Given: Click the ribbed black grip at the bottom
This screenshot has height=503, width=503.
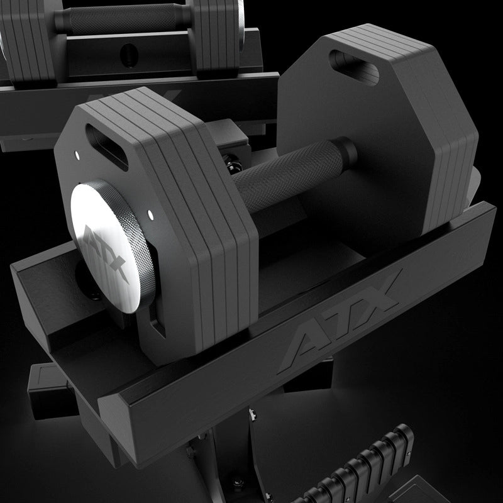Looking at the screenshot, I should pyautogui.click(x=365, y=465).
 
